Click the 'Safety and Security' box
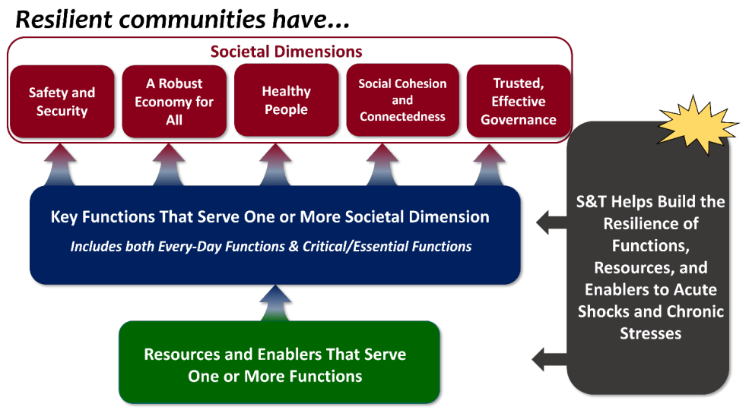pos(62,102)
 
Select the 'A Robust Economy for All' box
pos(174,102)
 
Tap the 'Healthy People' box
pos(286,101)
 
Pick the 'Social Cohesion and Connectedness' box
pos(402,100)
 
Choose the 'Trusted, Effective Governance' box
pos(518,102)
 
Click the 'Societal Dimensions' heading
pos(286,52)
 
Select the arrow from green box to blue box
pos(275,304)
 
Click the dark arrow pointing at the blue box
pos(551,223)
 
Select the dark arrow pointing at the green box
pos(551,356)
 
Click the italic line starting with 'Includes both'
pos(271,246)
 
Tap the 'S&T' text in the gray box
pos(595,202)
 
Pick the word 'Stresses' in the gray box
pos(650,333)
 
